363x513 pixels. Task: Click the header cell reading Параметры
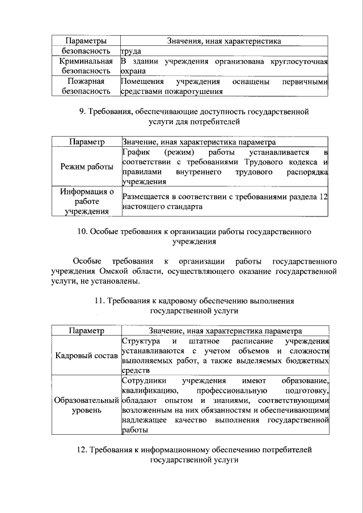click(x=85, y=41)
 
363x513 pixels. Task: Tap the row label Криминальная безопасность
click(x=85, y=66)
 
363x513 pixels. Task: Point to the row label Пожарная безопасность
click(x=85, y=86)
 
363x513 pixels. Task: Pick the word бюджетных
click(x=307, y=361)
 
